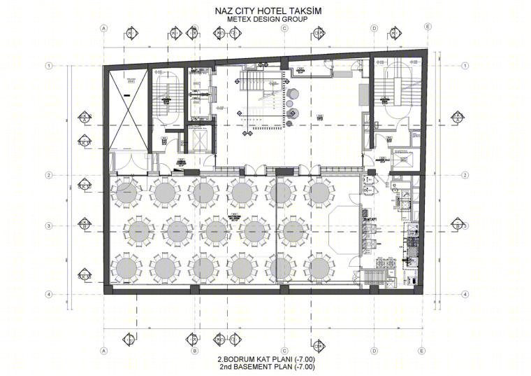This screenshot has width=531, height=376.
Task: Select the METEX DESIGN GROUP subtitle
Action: click(x=266, y=20)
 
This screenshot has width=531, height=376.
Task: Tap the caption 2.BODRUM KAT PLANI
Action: click(x=247, y=358)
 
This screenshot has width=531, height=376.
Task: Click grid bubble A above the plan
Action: click(x=103, y=28)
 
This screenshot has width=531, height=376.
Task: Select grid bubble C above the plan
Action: click(x=284, y=28)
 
